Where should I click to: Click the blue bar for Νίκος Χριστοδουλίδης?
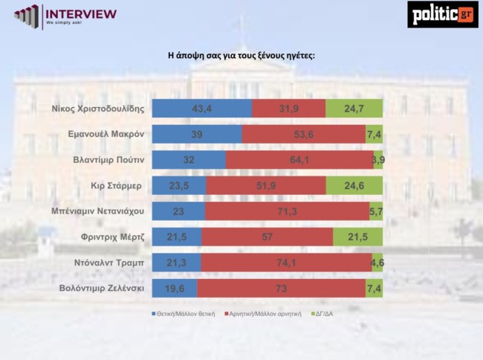tap(201, 109)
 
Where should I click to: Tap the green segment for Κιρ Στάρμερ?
tap(354, 185)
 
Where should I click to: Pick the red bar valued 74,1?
tap(285, 262)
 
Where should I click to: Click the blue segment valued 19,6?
tap(174, 288)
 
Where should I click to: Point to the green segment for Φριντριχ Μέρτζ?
tap(358, 237)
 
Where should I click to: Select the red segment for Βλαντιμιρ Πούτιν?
tap(299, 160)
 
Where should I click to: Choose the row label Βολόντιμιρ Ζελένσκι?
tap(102, 288)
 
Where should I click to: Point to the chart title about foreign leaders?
tap(241, 56)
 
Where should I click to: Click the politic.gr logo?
tap(442, 14)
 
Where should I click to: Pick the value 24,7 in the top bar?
tap(354, 109)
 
